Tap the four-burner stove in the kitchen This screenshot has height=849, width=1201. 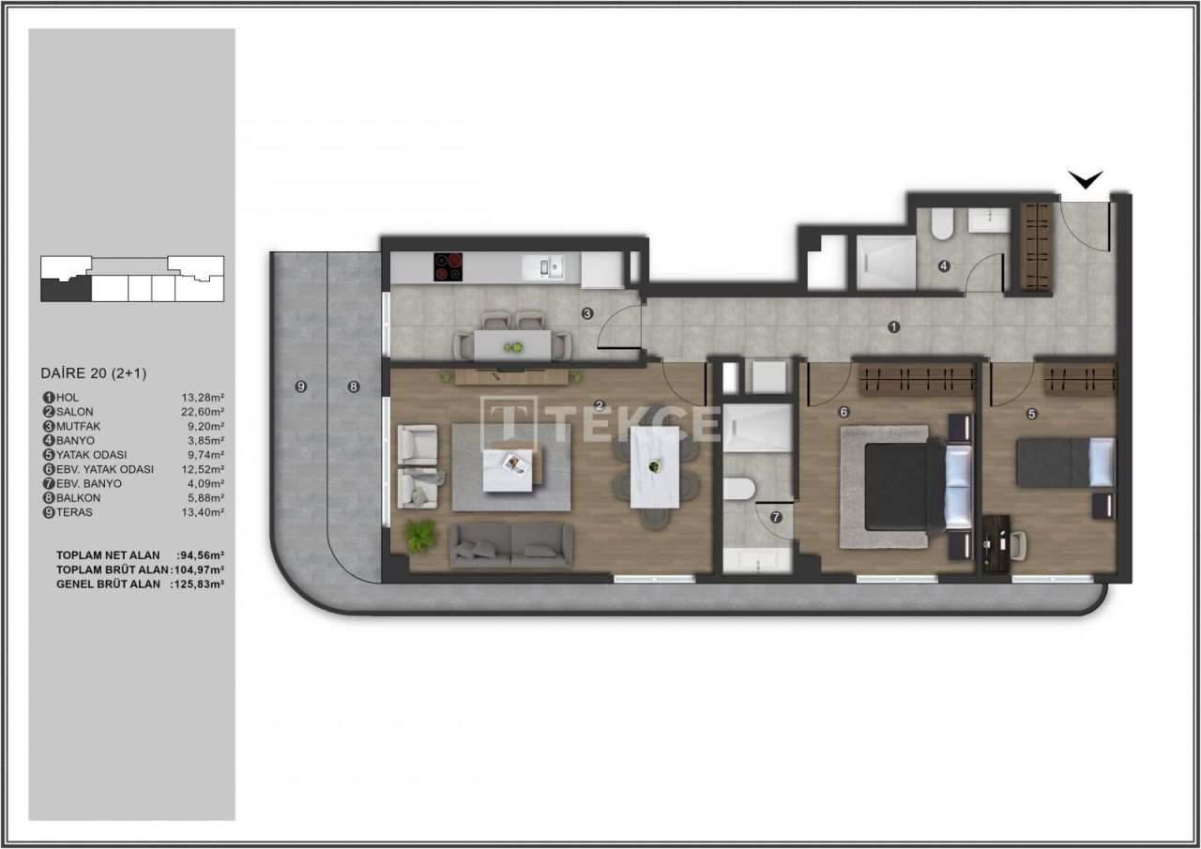(448, 267)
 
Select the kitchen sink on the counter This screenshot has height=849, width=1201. (546, 268)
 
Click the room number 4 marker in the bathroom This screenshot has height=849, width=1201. (944, 266)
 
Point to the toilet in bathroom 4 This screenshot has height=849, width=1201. (942, 222)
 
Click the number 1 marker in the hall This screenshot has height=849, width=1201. (894, 326)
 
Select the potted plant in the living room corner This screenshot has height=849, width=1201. (420, 535)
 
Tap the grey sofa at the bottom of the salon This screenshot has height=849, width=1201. (511, 545)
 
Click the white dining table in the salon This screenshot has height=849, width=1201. (655, 466)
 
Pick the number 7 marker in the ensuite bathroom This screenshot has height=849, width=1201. (775, 517)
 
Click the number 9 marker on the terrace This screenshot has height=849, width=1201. (300, 387)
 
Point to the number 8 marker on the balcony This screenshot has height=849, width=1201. (353, 387)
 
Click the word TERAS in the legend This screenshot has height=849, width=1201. (74, 512)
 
